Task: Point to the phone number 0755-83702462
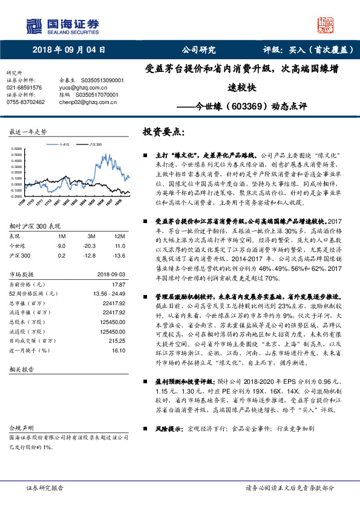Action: [25, 102]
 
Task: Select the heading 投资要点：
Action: [163, 132]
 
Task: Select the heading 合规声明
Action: [20, 426]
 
